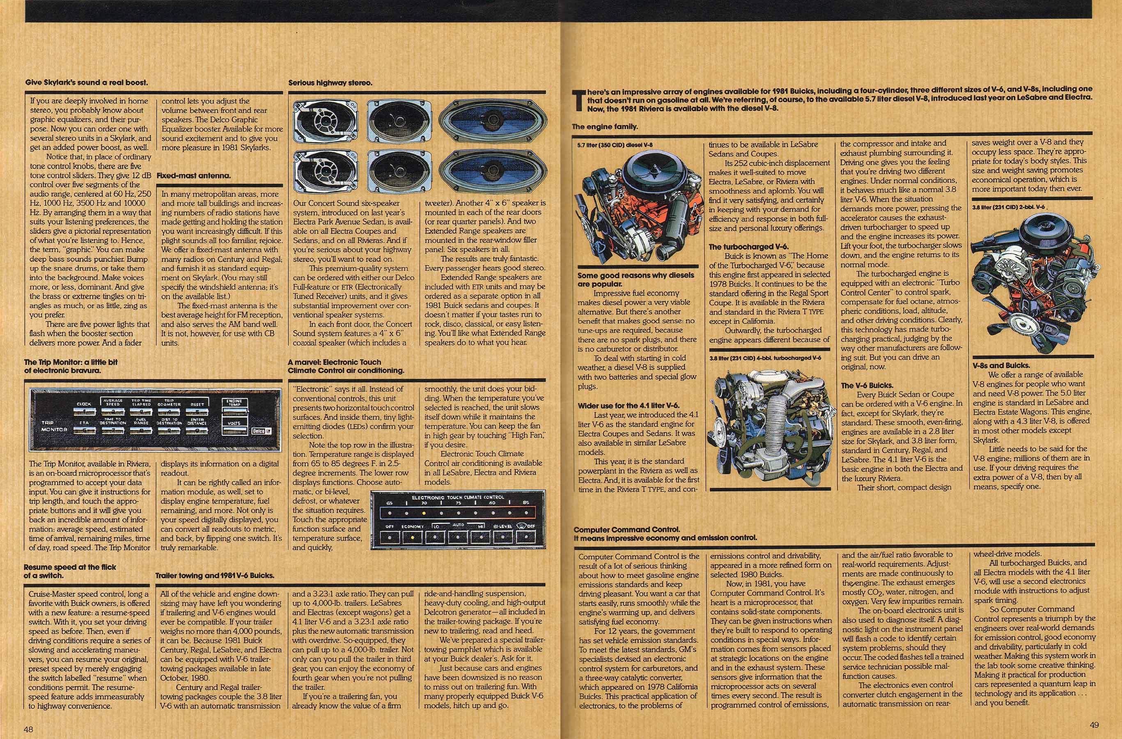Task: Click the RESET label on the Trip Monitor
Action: point(197,404)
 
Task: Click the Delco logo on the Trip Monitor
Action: point(259,431)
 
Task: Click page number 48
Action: point(28,729)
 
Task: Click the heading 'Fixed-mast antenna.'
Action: point(194,176)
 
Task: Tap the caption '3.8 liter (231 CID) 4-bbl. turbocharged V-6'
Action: point(765,358)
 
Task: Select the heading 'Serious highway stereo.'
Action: point(330,83)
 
